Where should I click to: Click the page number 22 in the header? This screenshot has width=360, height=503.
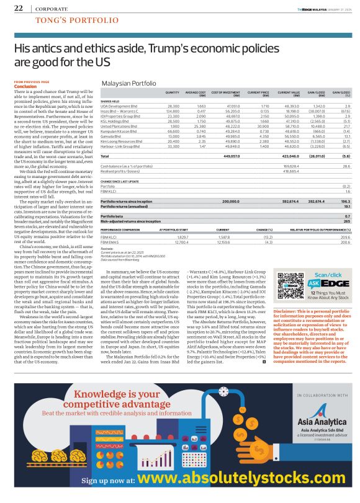coord(18,9)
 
